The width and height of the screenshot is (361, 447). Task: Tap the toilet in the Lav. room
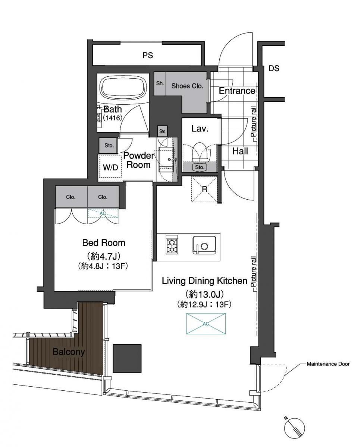pos(200,152)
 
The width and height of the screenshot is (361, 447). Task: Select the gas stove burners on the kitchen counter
pos(172,245)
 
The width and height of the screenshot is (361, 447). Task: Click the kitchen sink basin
pos(204,245)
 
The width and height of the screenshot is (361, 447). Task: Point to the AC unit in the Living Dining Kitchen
pos(205,324)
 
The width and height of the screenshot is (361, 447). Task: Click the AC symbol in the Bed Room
pos(103,213)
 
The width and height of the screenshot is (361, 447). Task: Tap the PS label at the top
pos(148,55)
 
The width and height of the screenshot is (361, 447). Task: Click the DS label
pos(274,68)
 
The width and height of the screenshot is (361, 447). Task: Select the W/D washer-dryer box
pos(110,166)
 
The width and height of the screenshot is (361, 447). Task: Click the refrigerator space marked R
pos(204,189)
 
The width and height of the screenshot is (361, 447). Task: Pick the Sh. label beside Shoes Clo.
pos(160,83)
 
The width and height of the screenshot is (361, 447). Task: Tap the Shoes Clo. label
pos(187,86)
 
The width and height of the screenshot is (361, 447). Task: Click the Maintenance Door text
pos(328,364)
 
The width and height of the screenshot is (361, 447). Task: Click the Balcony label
pos(69,352)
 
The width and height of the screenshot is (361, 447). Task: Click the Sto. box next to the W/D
pos(108,146)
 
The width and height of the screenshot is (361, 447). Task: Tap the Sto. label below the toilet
pos(200,167)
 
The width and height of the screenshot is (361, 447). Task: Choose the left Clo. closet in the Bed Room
pos(71,197)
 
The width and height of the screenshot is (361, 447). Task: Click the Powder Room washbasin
pos(166,159)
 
